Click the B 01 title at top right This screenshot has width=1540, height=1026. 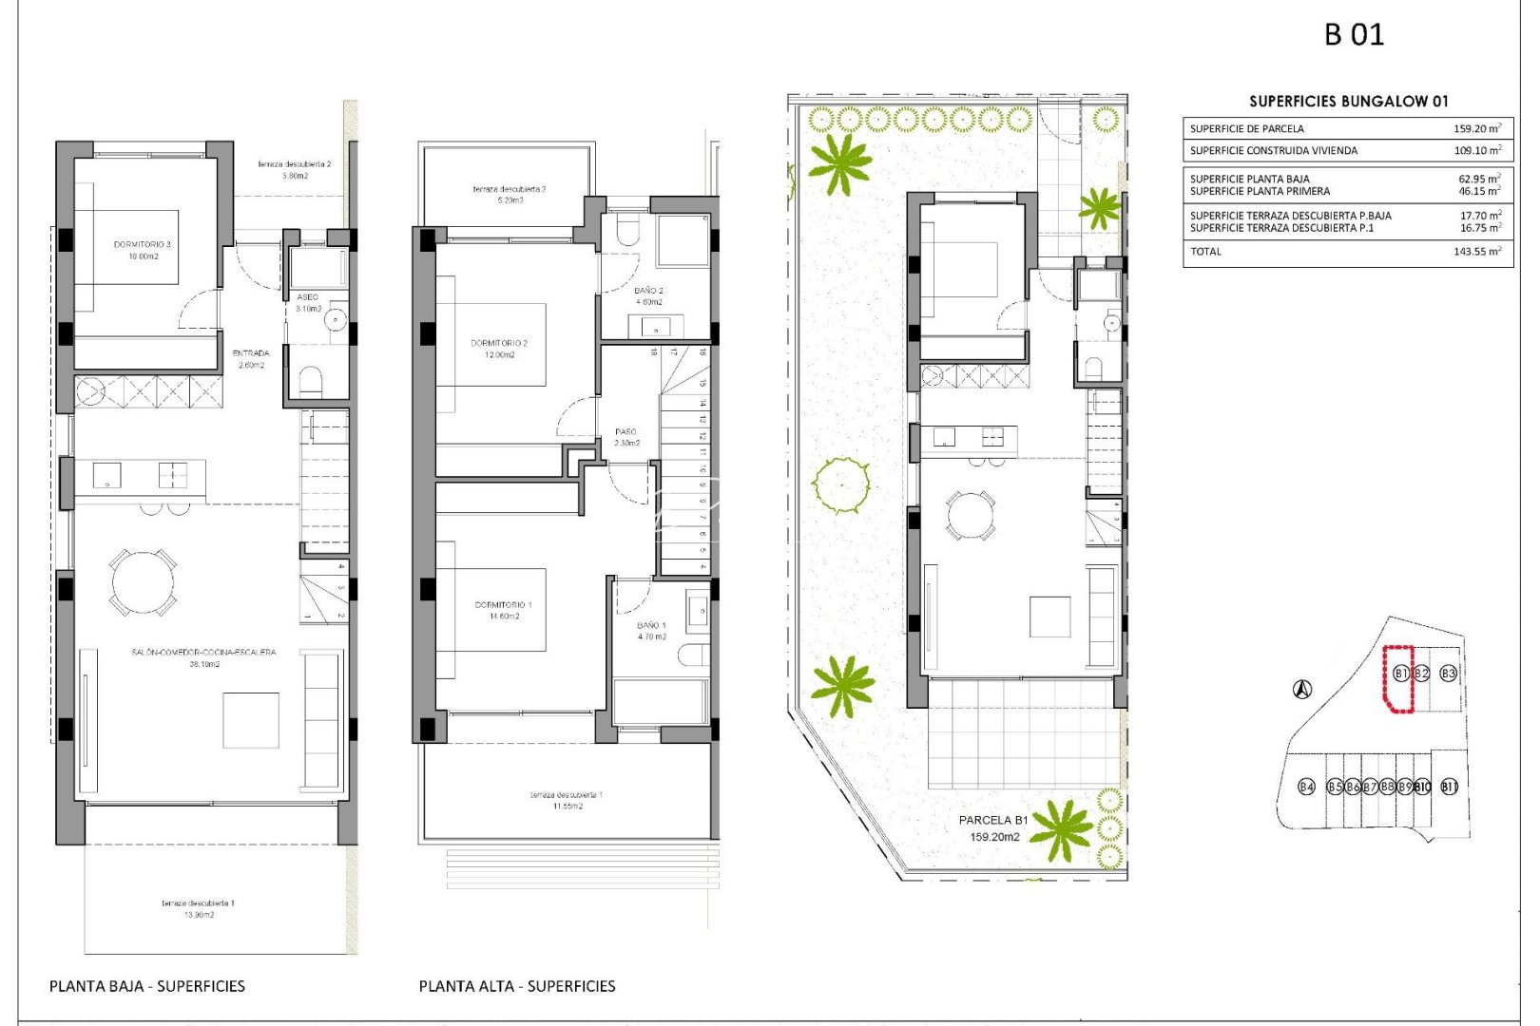[1354, 35]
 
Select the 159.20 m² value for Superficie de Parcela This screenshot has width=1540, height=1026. [1476, 128]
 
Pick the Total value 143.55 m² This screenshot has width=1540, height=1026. [1476, 252]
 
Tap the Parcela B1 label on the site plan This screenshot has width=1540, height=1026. [993, 820]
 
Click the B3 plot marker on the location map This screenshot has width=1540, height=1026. [1448, 674]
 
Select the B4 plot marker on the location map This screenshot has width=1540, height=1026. [1307, 787]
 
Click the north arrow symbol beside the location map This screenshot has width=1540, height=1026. [1302, 690]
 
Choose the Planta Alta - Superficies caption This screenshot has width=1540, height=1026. [517, 986]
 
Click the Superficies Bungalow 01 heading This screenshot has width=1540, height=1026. [1348, 101]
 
